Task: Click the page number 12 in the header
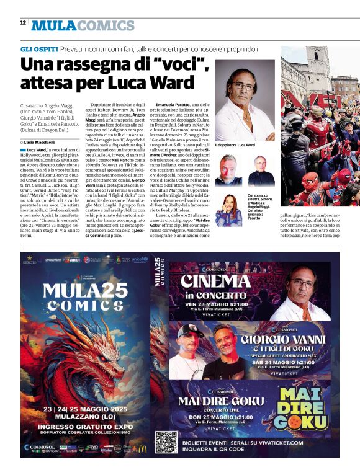click(22, 22)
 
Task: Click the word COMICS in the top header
click(107, 26)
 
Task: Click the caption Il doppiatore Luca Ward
click(235, 145)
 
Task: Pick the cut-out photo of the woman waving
click(228, 211)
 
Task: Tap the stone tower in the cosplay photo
click(318, 69)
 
